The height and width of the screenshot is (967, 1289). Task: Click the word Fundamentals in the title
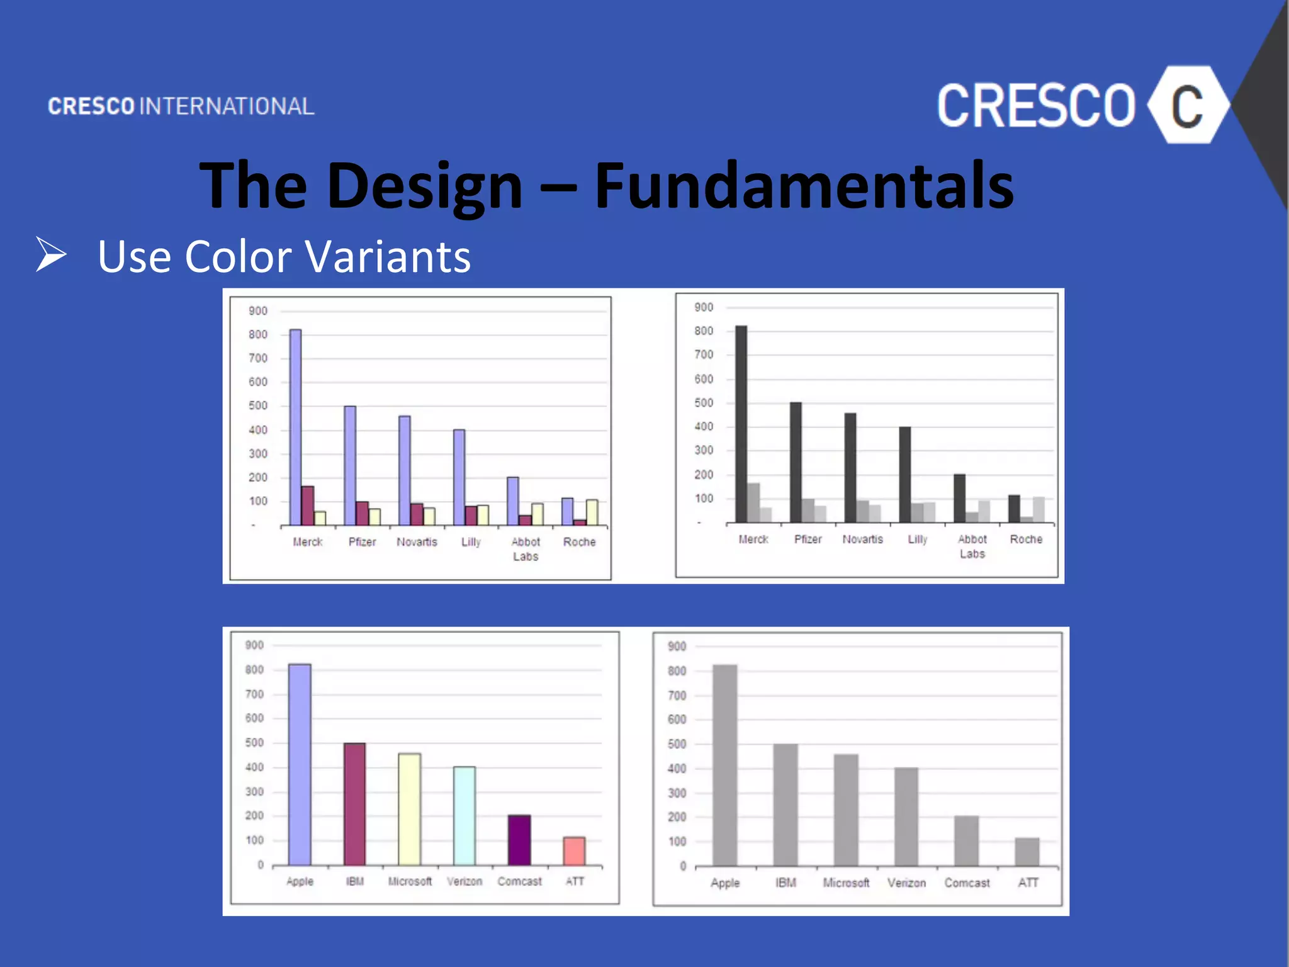(x=804, y=185)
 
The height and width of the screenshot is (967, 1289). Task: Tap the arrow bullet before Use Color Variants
(x=51, y=254)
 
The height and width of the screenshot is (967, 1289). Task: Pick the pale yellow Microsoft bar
(x=409, y=809)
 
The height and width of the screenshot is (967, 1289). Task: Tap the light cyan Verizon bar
(x=464, y=816)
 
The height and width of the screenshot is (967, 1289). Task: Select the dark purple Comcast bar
(x=519, y=840)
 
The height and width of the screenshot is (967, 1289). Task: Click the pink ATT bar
(x=574, y=851)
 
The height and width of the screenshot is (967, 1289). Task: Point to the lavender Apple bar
(x=300, y=764)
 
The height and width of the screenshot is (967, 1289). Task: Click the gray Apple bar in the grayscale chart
(x=724, y=765)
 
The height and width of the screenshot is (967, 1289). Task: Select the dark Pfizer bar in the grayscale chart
(x=796, y=462)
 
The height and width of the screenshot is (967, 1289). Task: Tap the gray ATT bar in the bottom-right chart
(x=1027, y=852)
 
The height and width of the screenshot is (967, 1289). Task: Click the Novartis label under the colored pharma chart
(x=417, y=542)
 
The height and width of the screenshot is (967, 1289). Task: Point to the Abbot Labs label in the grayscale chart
(x=972, y=546)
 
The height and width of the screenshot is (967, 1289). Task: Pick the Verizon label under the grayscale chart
(x=906, y=883)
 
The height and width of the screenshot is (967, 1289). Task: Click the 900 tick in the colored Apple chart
(x=254, y=645)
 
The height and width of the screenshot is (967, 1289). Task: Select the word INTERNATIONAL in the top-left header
(x=227, y=106)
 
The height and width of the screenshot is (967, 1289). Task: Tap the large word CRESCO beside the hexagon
(x=1036, y=106)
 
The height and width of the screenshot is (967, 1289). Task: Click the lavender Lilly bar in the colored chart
(x=459, y=477)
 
